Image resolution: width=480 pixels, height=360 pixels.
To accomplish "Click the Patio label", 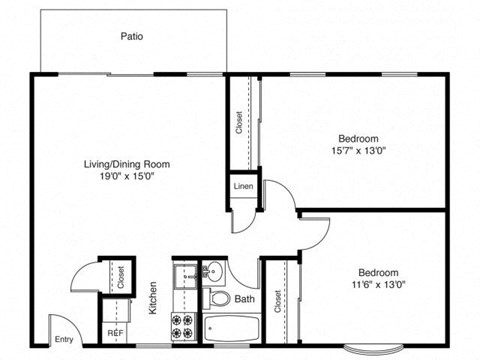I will tap(132, 36).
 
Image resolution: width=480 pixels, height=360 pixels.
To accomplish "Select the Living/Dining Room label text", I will tap(126, 164).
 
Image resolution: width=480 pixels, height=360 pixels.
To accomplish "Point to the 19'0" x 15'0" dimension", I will tap(126, 176).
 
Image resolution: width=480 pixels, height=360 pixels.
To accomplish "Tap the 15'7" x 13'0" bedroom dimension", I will tap(357, 150).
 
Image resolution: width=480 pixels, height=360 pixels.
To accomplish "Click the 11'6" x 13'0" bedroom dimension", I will tap(379, 285).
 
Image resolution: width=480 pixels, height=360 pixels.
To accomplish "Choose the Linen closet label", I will tap(243, 187).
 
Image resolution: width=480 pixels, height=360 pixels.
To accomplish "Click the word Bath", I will tap(245, 299).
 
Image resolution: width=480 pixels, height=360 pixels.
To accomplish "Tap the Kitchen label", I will tap(154, 298).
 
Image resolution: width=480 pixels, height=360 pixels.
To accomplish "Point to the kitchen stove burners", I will tap(184, 327).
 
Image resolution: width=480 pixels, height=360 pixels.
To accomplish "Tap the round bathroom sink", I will tap(212, 270).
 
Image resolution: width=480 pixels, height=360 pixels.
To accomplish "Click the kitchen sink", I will tap(184, 275).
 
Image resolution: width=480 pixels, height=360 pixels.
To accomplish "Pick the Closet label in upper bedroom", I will tap(240, 122).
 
